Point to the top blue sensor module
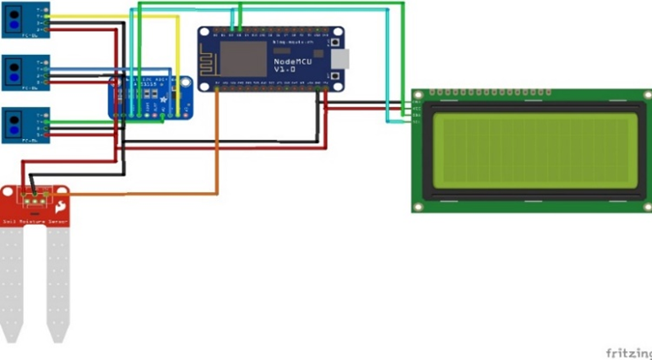27,19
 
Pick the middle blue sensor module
27,73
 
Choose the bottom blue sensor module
27,125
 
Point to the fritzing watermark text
628,352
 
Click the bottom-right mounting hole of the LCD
645,205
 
